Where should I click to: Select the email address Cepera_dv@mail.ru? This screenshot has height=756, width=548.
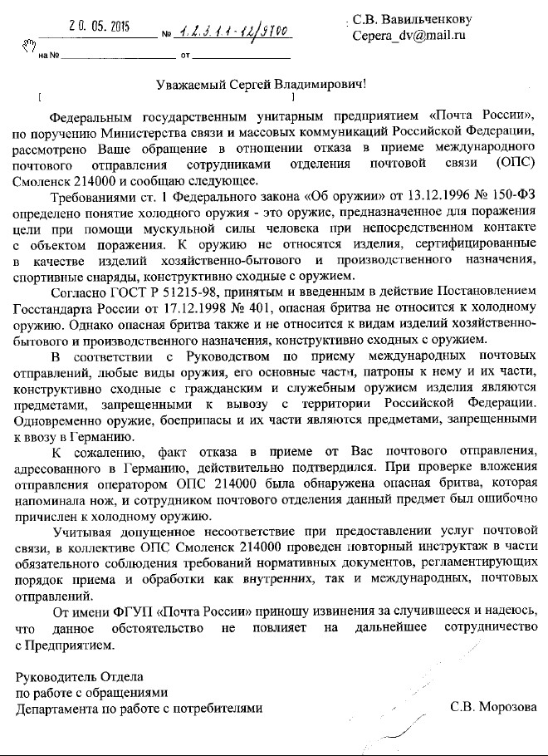click(x=409, y=36)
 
